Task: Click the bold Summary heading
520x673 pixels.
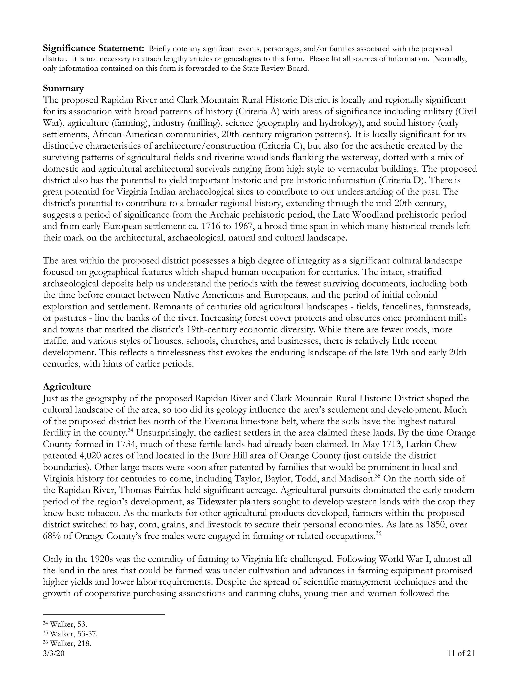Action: (x=63, y=88)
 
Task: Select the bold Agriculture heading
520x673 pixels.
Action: (x=67, y=387)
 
